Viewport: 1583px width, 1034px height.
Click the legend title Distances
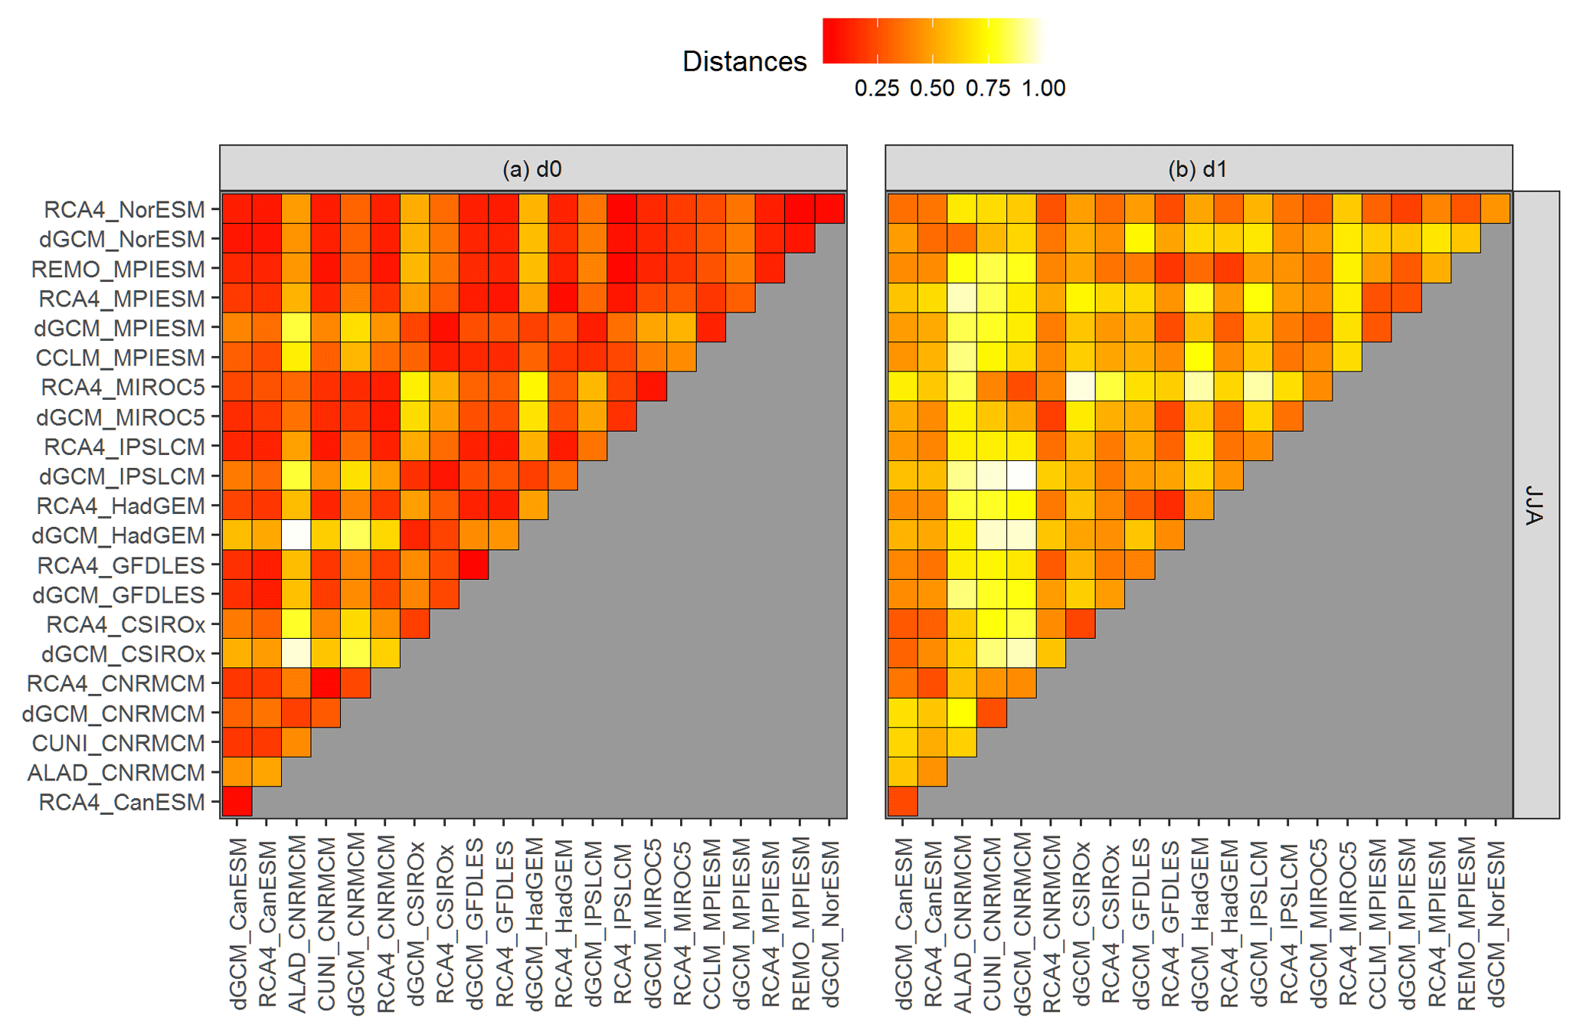coord(744,61)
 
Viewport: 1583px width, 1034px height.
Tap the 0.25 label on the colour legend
coord(876,89)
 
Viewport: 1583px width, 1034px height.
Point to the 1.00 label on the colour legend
coord(1043,89)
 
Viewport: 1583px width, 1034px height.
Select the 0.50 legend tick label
coord(932,89)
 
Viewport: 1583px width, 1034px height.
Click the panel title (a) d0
coord(532,169)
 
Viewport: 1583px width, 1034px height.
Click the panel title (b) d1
coord(1198,169)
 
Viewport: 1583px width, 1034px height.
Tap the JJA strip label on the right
coord(1534,505)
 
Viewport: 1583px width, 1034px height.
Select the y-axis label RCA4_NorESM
coord(124,209)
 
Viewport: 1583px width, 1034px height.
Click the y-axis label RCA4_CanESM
coord(122,802)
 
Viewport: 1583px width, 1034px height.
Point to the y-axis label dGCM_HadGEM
coord(118,535)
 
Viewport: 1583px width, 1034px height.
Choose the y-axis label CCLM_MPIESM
coord(120,358)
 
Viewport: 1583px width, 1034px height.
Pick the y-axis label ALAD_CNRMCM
coord(116,773)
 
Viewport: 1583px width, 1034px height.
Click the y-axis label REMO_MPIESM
coord(118,269)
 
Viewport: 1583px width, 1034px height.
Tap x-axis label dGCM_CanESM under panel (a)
coord(238,923)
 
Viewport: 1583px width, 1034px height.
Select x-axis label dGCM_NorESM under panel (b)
coord(1496,923)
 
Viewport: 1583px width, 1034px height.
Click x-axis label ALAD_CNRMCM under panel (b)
coord(963,923)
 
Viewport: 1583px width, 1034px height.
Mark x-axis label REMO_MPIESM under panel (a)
coord(800,923)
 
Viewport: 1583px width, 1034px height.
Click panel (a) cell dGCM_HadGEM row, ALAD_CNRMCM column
coord(296,535)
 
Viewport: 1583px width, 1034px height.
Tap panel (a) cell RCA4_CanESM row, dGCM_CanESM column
coord(237,802)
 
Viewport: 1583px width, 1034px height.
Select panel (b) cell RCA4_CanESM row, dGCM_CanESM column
coord(903,802)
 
